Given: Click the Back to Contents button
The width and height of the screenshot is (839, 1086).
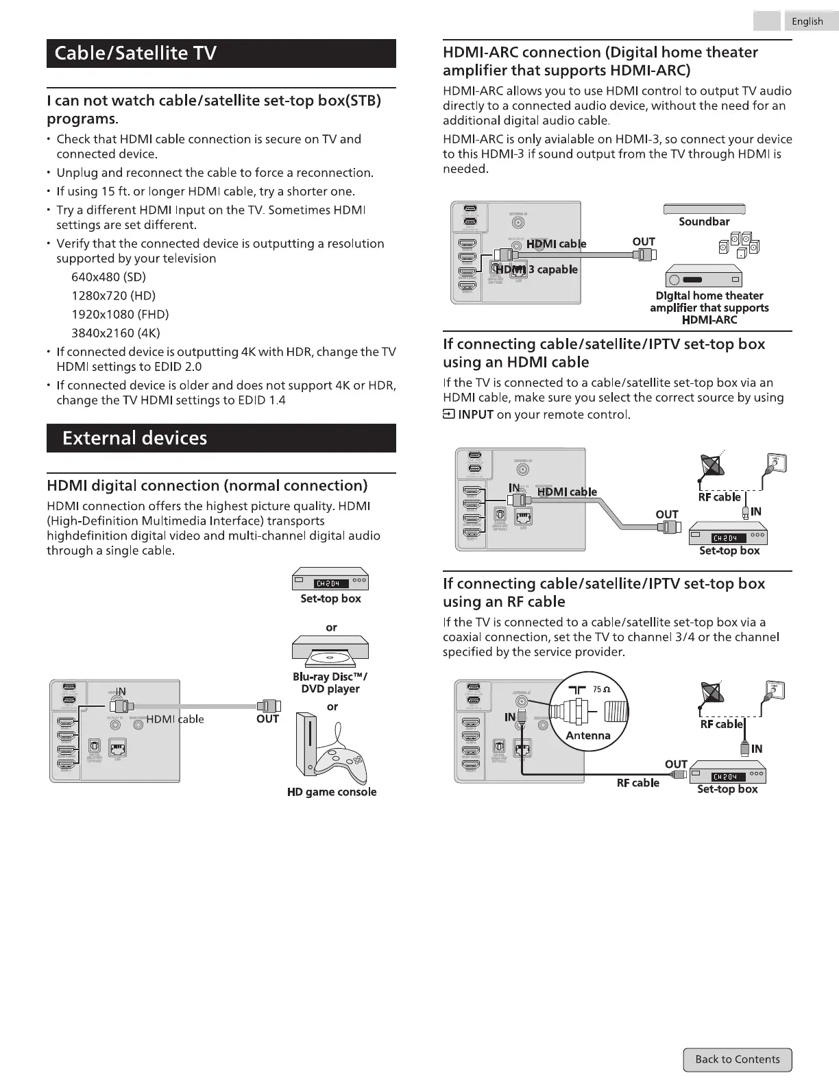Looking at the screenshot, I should point(737,1059).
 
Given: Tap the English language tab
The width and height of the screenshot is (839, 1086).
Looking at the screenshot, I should point(807,21).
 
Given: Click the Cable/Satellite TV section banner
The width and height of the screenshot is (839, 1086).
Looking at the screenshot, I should point(221,53).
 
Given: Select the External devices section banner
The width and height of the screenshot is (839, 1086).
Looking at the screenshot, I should point(221,438).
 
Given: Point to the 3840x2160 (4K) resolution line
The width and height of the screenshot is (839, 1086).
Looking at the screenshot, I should point(116,333).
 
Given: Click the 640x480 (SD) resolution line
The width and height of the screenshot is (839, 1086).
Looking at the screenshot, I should point(108,277).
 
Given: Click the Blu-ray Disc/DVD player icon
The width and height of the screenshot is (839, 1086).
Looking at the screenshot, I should point(330,651).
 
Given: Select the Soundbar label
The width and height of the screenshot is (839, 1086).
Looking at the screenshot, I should point(704,221).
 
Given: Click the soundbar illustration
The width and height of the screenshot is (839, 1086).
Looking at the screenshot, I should point(704,209).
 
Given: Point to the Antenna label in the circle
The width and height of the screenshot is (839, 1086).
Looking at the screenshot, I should point(587,735).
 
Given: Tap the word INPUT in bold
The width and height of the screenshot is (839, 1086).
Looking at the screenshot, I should point(475,414).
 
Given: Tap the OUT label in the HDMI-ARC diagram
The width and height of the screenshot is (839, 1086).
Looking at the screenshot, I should point(644,241).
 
